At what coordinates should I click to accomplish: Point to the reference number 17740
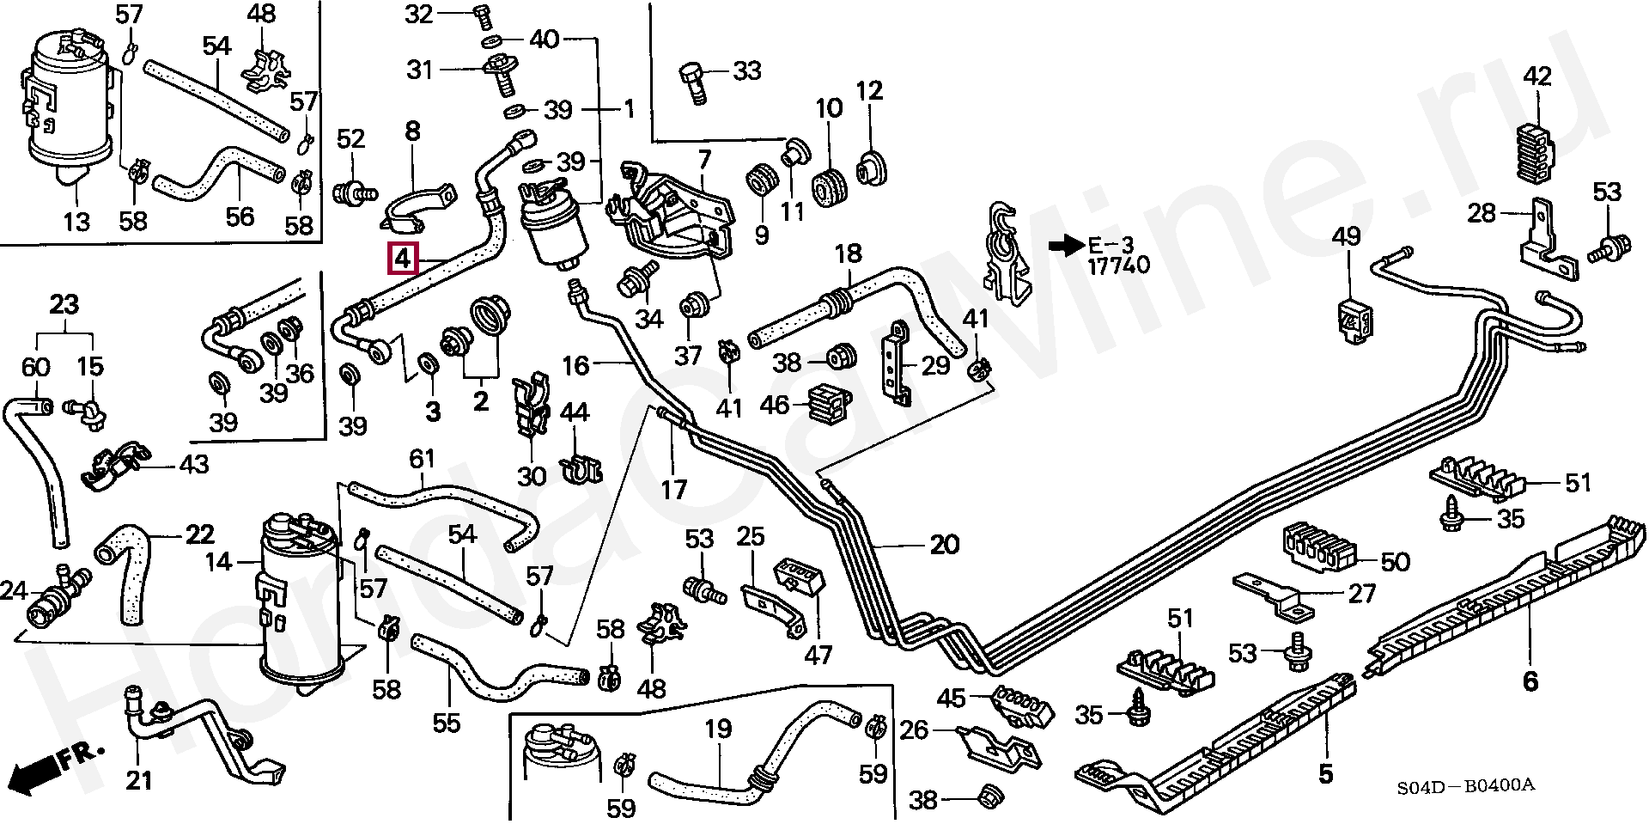pos(1118,266)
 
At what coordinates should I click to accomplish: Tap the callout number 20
pos(944,544)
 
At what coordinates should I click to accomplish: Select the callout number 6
pos(1530,681)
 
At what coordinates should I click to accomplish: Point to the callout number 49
pos(1346,235)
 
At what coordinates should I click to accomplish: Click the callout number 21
pos(138,780)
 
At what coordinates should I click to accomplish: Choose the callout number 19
pos(718,729)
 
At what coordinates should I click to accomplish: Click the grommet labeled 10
pos(831,187)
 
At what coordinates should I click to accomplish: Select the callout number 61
pos(421,458)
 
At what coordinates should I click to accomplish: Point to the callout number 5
pos(1325,773)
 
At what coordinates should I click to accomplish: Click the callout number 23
pos(64,304)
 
